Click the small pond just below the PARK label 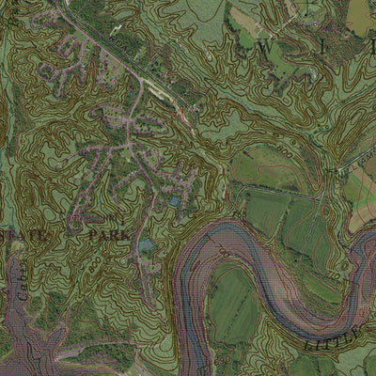(146, 246)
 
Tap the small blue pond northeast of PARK (175, 201)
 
